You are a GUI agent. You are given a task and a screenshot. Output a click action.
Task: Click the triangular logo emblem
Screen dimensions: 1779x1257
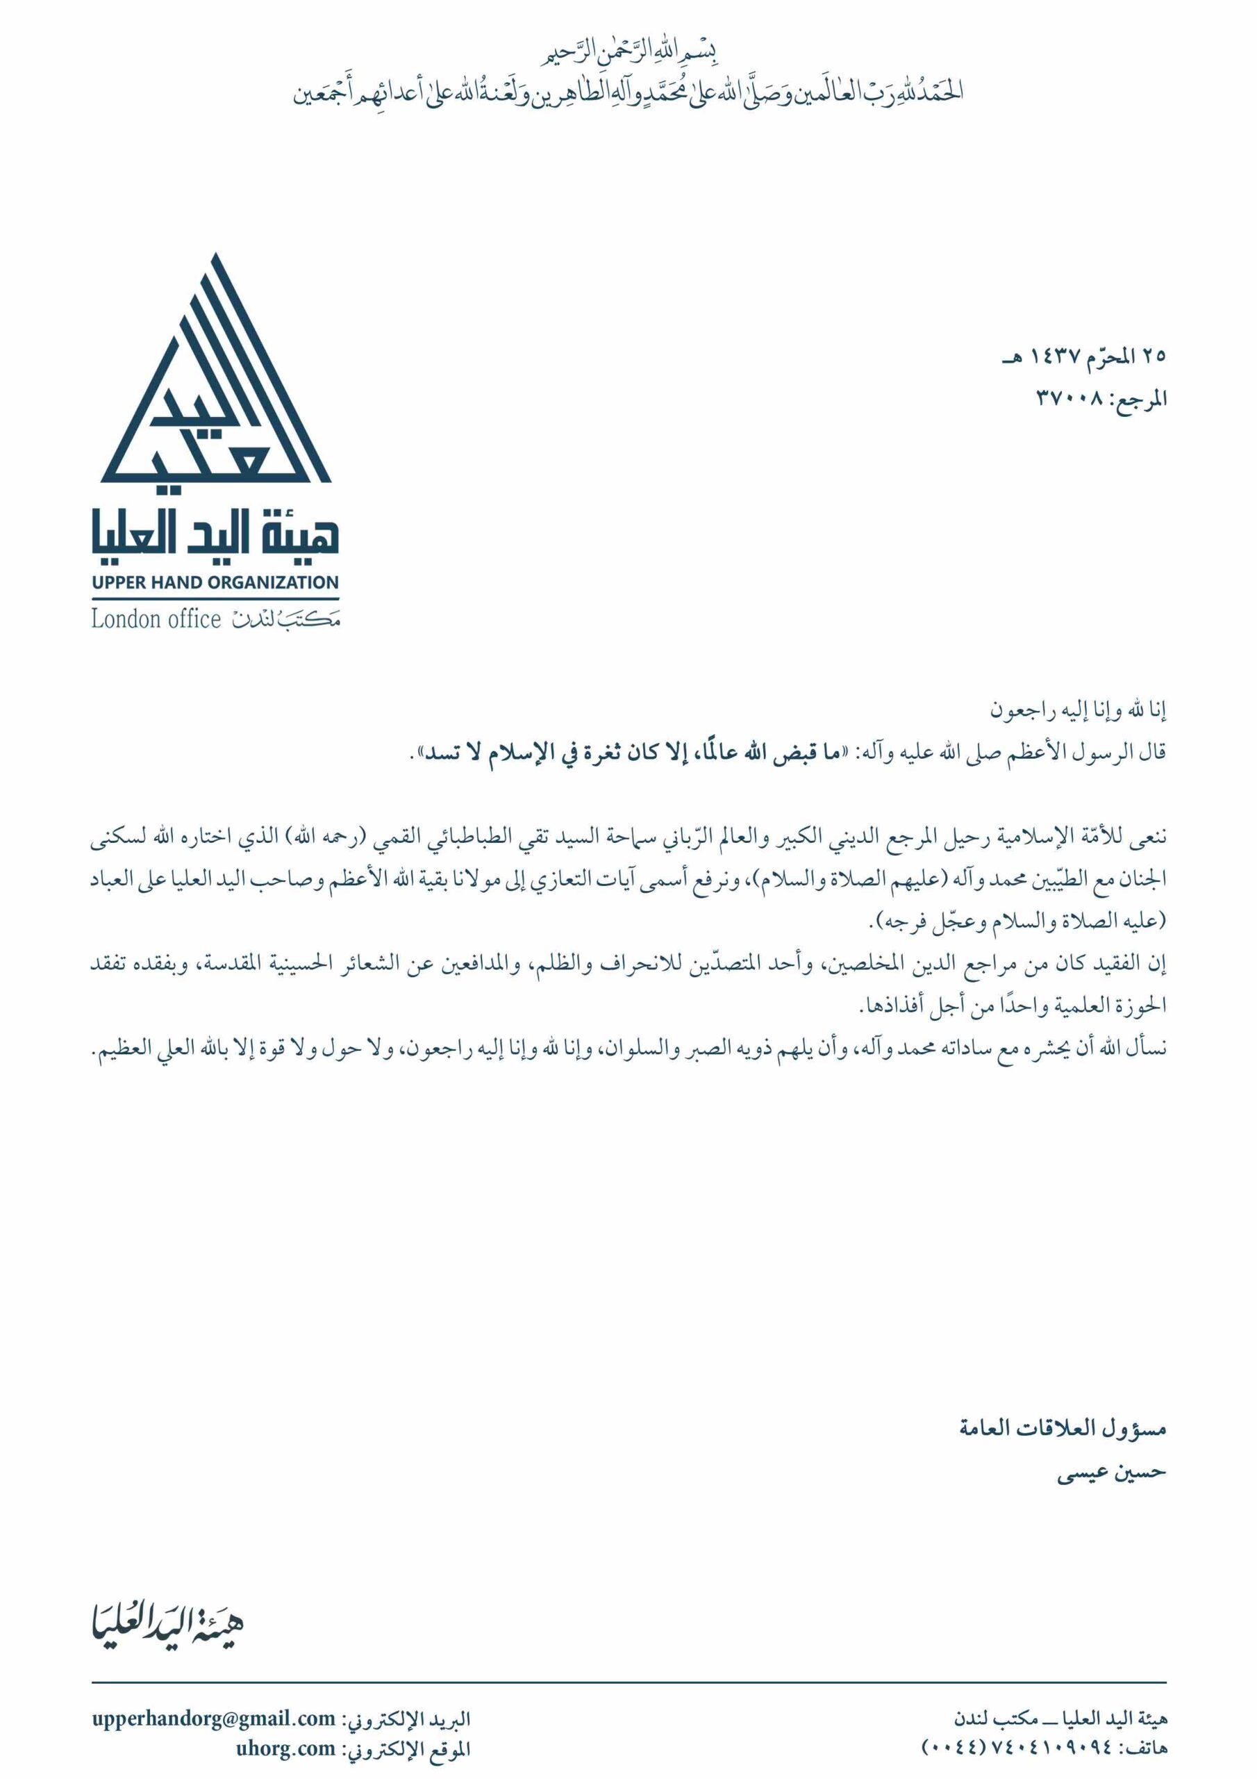tap(215, 379)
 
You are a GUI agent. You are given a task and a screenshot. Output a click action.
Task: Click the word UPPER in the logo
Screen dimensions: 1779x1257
tap(115, 582)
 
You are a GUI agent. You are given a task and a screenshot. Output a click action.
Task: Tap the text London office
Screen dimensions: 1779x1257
tap(156, 619)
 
